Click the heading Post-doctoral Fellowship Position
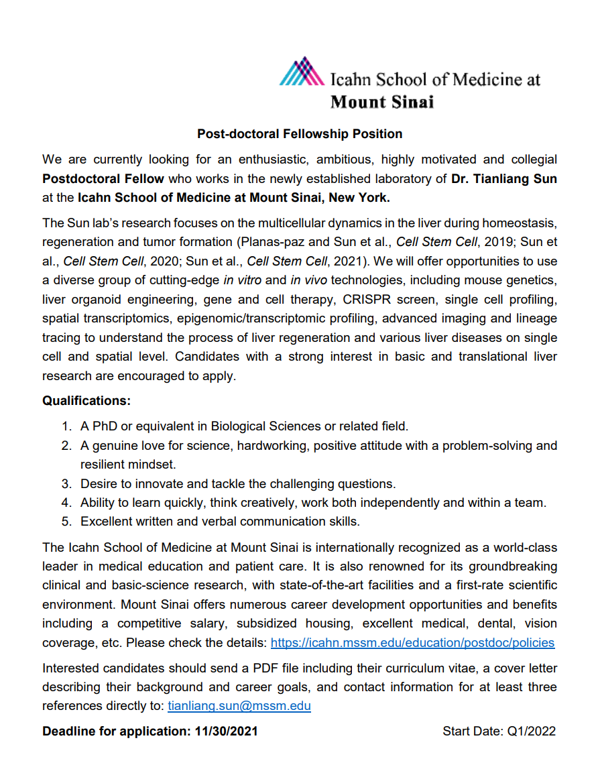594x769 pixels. click(300, 134)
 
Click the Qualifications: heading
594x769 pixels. click(86, 401)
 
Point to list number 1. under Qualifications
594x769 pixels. click(67, 426)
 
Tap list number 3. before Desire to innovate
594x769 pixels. click(67, 483)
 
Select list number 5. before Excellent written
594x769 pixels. click(67, 521)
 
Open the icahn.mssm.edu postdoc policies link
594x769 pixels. click(412, 643)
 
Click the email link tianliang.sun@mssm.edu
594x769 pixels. click(239, 706)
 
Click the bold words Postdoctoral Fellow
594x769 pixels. click(103, 179)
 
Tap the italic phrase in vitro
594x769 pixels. click(246, 280)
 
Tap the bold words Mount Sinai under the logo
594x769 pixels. click(382, 102)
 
